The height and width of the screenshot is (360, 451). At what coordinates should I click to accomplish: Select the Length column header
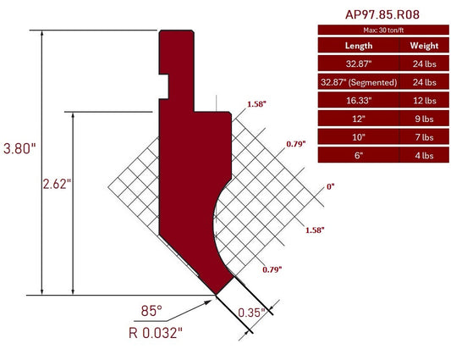point(359,45)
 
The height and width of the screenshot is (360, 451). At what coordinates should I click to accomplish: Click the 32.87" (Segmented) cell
point(359,82)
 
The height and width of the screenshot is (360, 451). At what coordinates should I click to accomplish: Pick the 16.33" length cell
point(359,100)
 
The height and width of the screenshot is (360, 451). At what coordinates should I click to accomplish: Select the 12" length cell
point(359,119)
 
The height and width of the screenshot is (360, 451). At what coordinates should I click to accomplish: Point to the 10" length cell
point(359,136)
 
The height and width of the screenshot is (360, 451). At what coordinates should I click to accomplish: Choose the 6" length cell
point(359,155)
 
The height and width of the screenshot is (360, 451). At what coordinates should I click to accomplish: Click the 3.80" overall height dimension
point(19,148)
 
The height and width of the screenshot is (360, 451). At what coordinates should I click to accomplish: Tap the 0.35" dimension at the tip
point(251,313)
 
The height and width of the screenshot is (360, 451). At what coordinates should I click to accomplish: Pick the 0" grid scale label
point(329,186)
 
